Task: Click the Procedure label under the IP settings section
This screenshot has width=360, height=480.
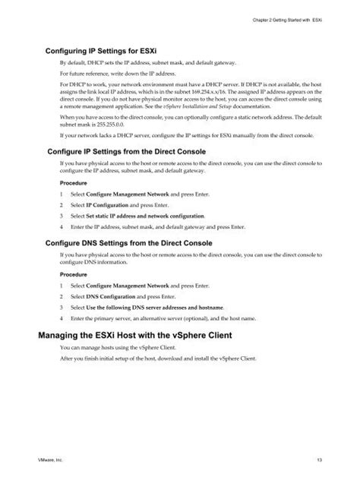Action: pyautogui.click(x=73, y=182)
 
